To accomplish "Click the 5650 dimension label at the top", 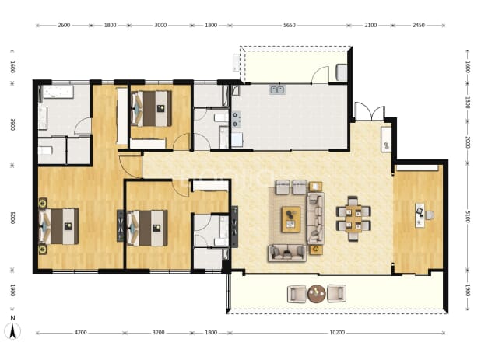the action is (x=289, y=25).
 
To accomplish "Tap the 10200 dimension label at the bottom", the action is (x=337, y=333).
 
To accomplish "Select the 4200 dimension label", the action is (x=80, y=333).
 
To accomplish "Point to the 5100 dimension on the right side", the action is (x=468, y=217).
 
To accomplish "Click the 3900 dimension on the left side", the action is (x=12, y=124).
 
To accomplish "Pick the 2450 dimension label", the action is (x=419, y=25).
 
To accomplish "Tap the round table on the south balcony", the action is (x=316, y=294).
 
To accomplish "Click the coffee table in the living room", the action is (x=291, y=219).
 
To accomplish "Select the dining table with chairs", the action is (x=353, y=218).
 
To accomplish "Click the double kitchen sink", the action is (x=277, y=89).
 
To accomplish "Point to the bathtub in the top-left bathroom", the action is (x=58, y=91).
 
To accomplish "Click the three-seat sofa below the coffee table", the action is (x=287, y=253).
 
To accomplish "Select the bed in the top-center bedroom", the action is (x=151, y=108).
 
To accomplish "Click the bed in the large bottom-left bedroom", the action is (x=59, y=226).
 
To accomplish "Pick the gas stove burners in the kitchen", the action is (x=236, y=119).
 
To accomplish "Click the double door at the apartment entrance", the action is (x=370, y=111).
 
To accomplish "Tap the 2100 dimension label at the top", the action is (x=370, y=25).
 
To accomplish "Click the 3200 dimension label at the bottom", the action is (x=158, y=333).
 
